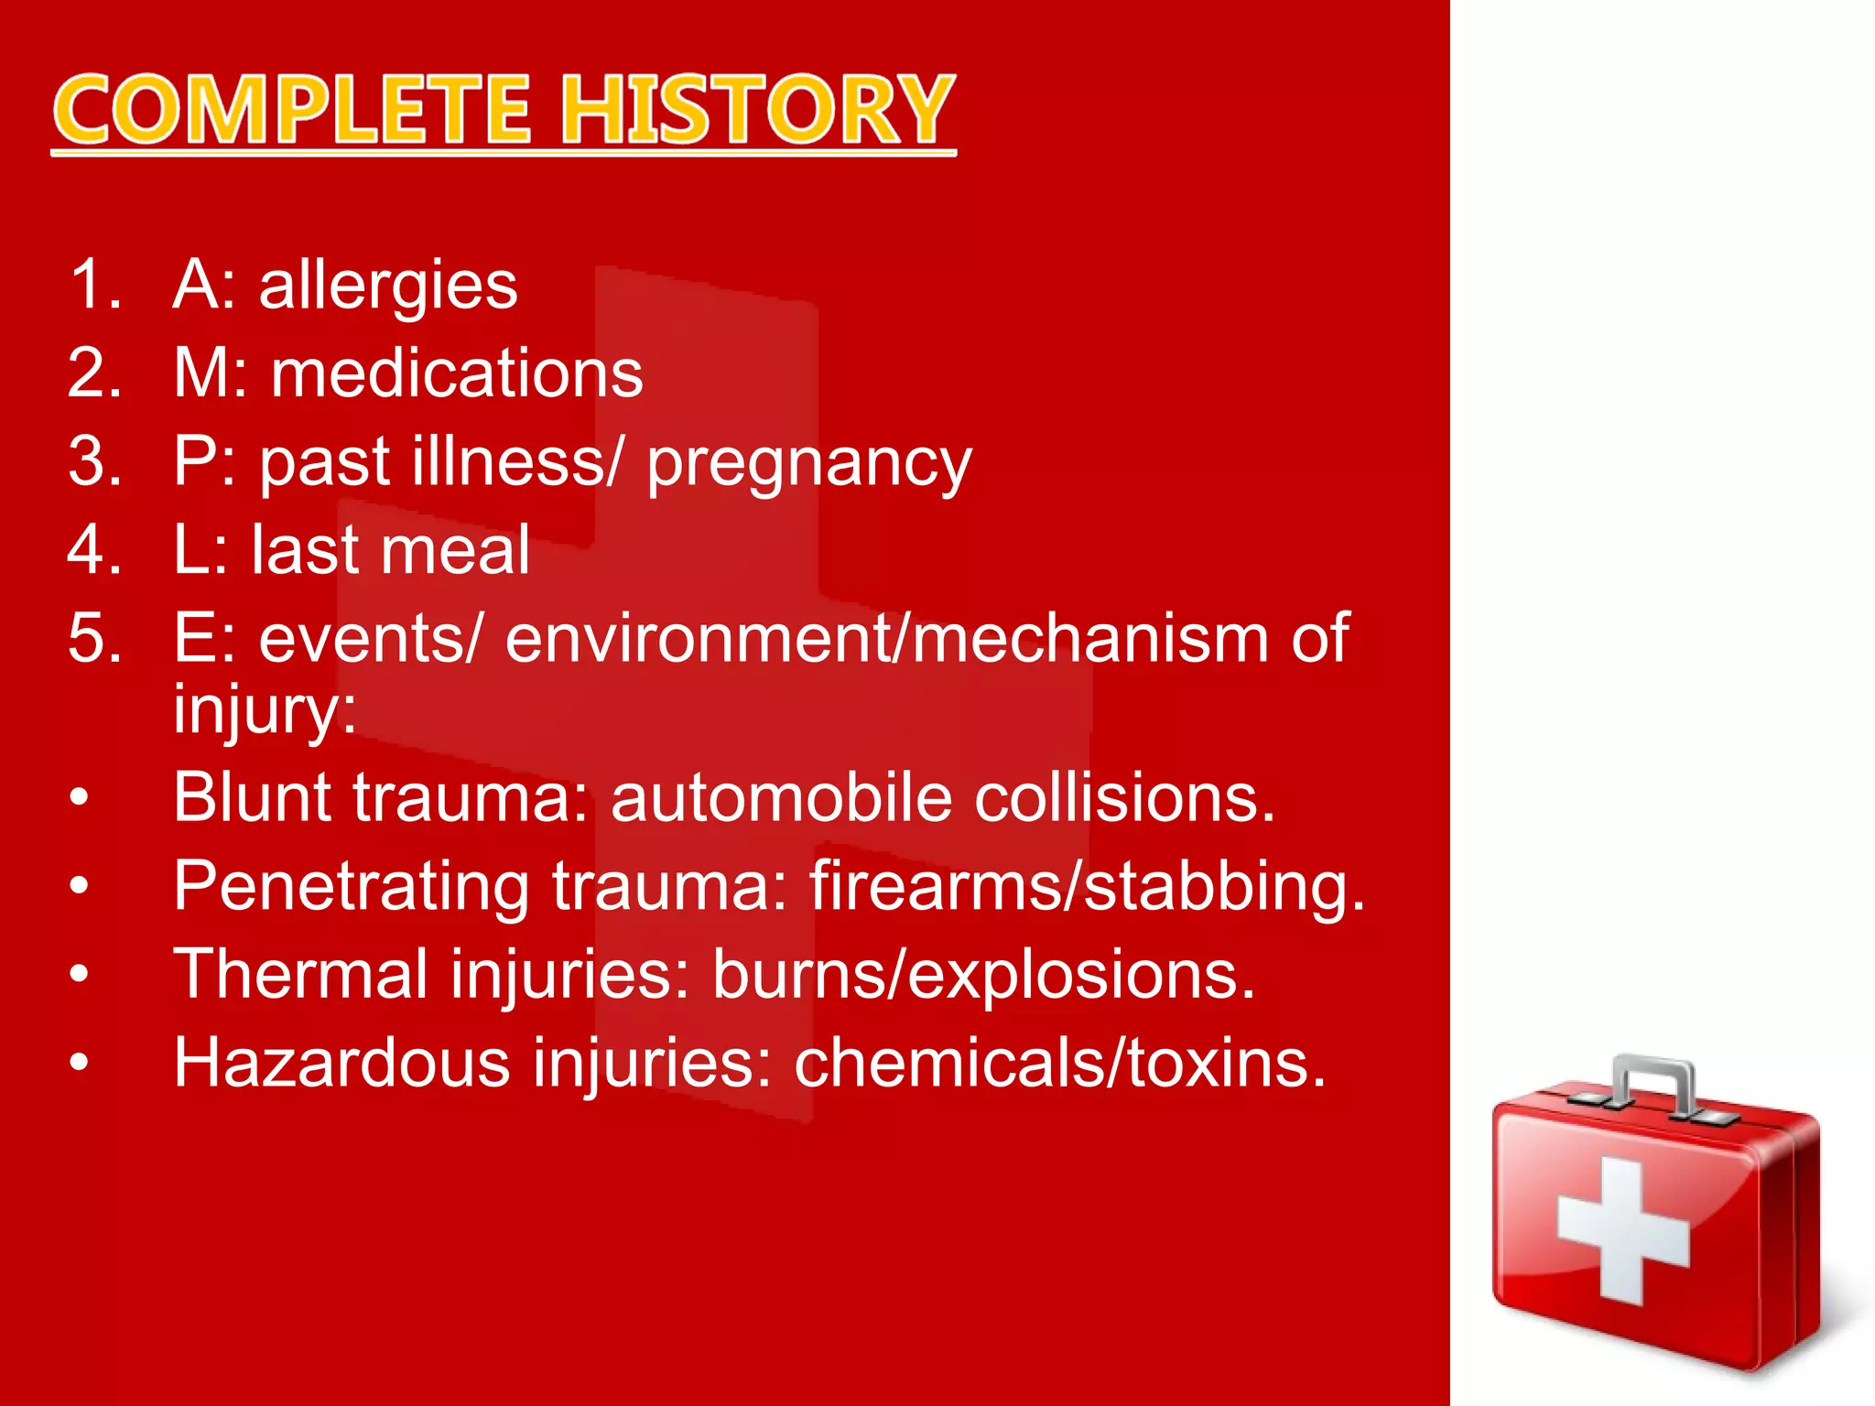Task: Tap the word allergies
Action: (388, 286)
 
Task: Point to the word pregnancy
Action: (809, 463)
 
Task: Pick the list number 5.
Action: (94, 638)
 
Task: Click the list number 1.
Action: (94, 285)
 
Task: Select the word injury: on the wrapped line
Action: (265, 709)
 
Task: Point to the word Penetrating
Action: (352, 886)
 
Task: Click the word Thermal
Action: (301, 974)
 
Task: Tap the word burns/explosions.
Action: (983, 974)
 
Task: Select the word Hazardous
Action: (341, 1063)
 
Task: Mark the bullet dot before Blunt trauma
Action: (81, 798)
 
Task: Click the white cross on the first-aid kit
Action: (1622, 1231)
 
